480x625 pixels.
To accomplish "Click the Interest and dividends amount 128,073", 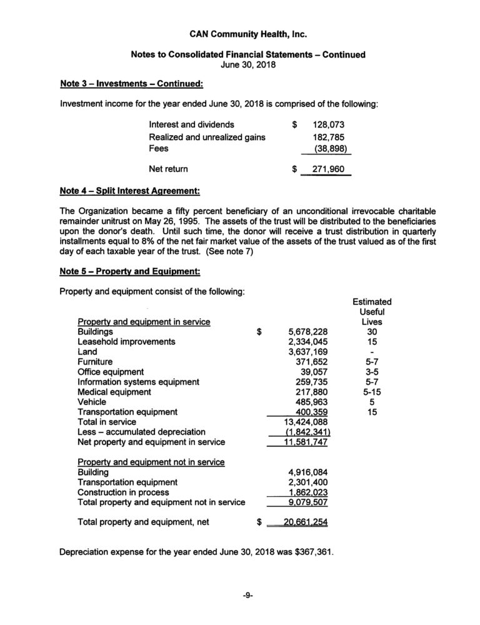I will [x=329, y=125].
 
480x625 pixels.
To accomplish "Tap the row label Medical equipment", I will [x=114, y=392].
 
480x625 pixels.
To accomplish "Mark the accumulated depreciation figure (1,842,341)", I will [x=300, y=432].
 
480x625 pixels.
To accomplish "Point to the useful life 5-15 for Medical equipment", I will [x=372, y=392].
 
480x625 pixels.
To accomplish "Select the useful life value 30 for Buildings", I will [x=372, y=332].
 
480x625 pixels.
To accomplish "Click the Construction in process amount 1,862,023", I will [x=303, y=492].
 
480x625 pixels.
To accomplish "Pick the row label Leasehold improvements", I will [x=126, y=342].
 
